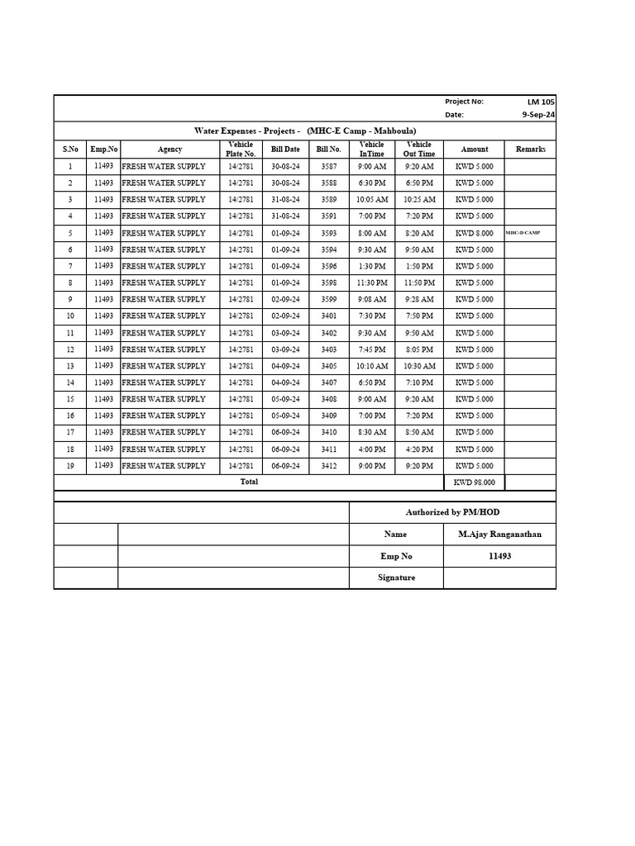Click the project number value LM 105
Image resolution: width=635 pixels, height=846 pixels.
[x=542, y=102]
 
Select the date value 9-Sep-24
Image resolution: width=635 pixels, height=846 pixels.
[x=538, y=115]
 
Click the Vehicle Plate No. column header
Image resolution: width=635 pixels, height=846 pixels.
[x=241, y=149]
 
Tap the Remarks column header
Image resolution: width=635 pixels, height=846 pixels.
[x=530, y=150]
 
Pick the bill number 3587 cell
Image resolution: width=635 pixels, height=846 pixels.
[x=328, y=166]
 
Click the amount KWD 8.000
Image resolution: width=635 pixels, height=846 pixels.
[x=474, y=233]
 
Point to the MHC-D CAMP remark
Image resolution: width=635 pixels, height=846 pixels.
[x=523, y=233]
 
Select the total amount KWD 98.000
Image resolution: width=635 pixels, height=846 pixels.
[x=474, y=482]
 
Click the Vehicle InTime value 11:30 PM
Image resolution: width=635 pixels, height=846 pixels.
[x=372, y=283]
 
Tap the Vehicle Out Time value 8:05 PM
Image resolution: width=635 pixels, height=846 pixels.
[x=419, y=349]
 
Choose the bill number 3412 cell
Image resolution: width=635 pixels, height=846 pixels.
[x=328, y=466]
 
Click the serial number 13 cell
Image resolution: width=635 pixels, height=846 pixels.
[x=70, y=366]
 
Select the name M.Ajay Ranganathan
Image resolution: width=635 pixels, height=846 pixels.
[x=499, y=535]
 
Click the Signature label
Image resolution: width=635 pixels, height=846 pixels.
[x=396, y=577]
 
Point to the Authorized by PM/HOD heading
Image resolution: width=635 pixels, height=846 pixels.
[x=452, y=512]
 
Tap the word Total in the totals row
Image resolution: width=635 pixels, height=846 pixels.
[x=249, y=482]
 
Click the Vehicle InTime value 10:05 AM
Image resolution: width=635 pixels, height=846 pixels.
[x=372, y=199]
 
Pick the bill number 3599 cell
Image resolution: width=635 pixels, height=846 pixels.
[x=328, y=299]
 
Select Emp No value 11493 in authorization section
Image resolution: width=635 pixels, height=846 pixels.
[x=499, y=556]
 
